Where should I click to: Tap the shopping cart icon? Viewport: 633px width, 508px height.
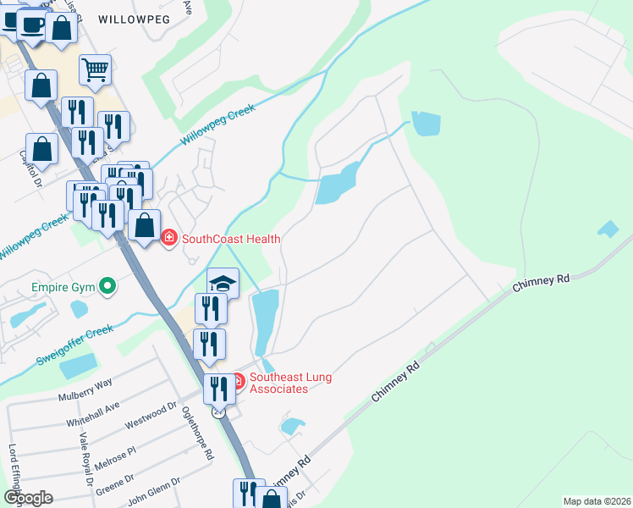(x=96, y=69)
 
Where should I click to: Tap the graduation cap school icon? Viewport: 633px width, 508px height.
(x=223, y=283)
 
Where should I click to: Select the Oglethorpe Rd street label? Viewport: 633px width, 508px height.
(x=196, y=432)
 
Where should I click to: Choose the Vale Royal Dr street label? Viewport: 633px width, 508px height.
(x=85, y=458)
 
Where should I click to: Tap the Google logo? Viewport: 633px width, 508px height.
(x=28, y=498)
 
